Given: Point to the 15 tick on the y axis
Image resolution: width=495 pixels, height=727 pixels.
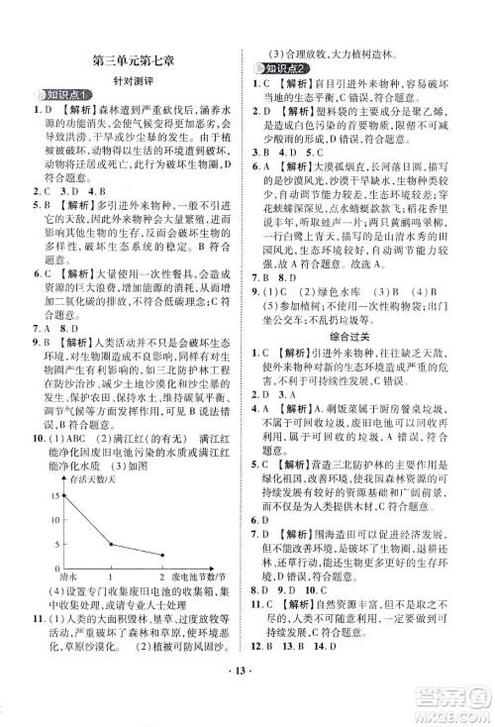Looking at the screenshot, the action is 51,465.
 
